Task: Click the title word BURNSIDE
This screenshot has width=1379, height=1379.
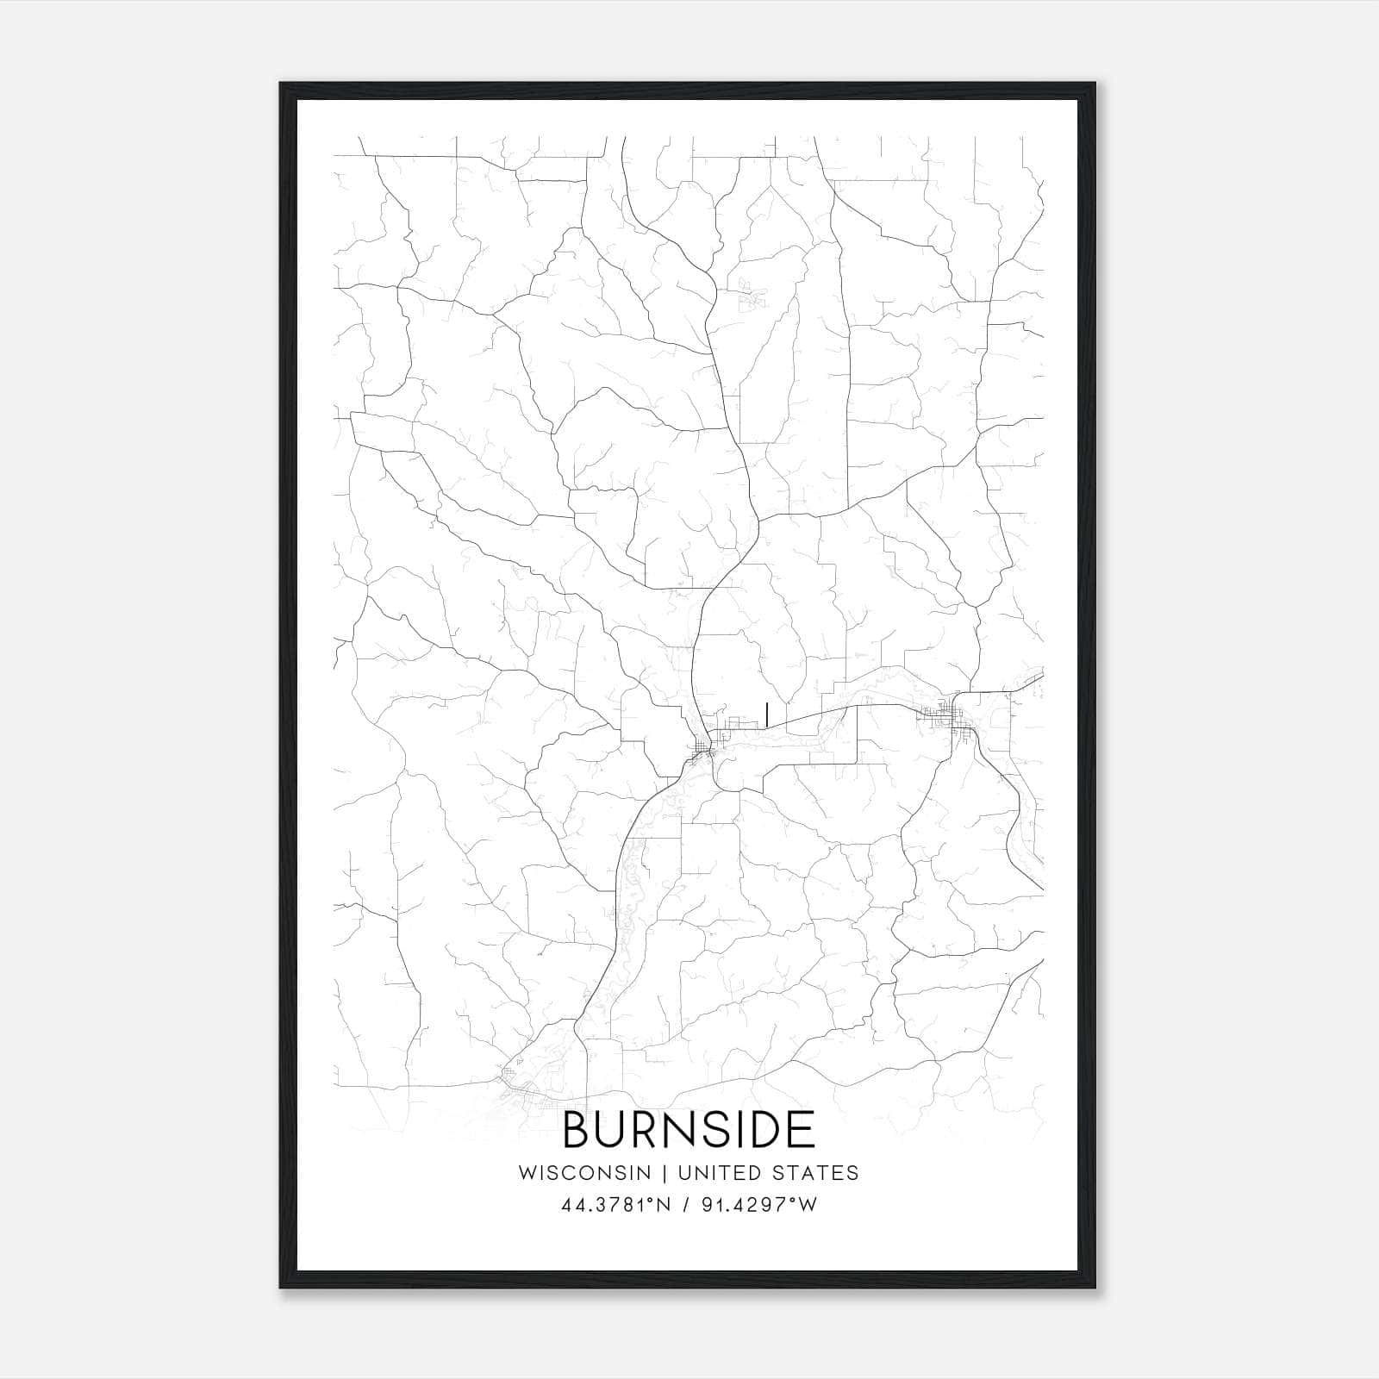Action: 689,1130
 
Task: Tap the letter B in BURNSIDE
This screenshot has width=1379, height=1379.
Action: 577,1130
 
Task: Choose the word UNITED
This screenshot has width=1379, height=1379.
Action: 719,1173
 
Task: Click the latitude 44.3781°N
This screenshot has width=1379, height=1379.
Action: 615,1206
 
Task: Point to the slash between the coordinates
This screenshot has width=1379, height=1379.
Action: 685,1206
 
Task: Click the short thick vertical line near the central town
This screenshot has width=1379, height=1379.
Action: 766,713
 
